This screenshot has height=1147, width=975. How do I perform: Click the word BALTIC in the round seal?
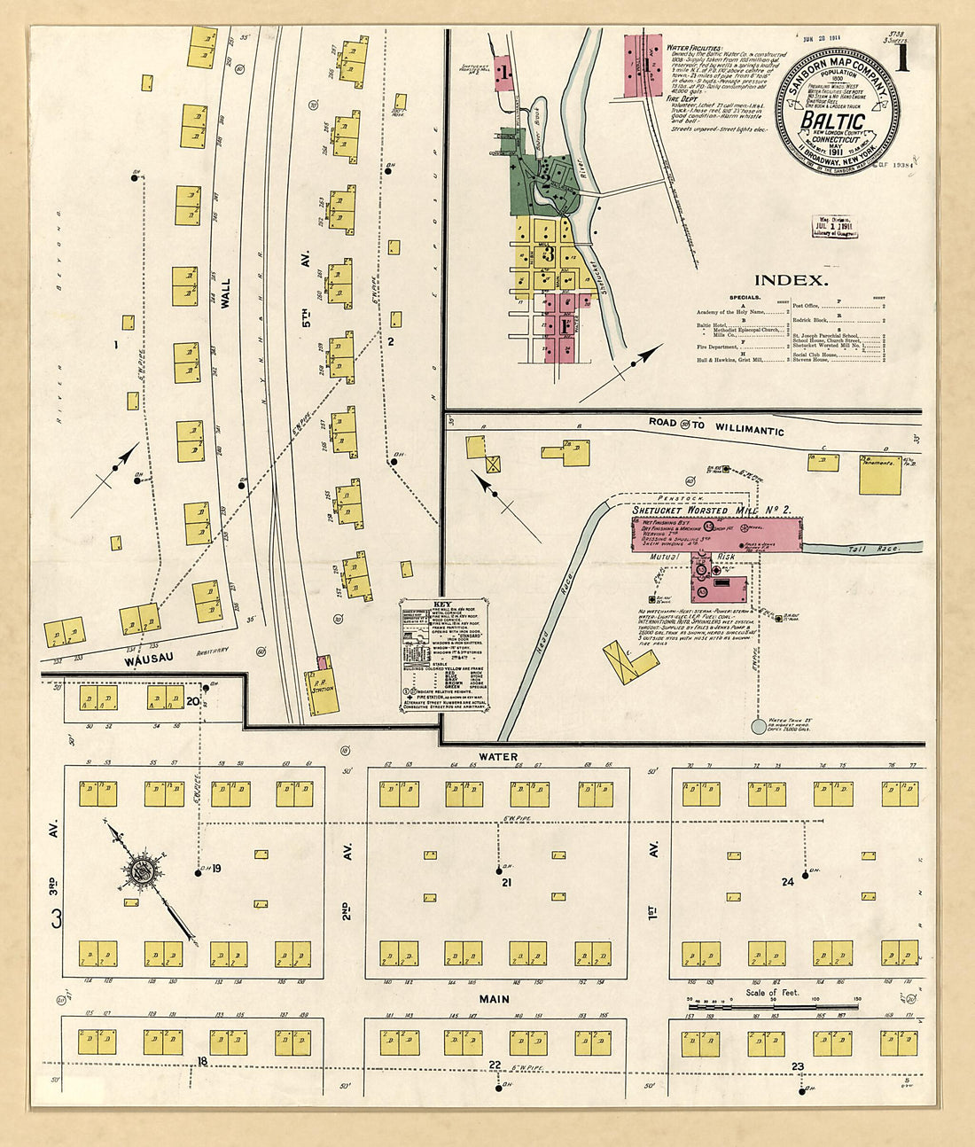(833, 120)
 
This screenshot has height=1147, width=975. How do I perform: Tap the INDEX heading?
(791, 280)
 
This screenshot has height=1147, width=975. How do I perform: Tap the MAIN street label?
(495, 999)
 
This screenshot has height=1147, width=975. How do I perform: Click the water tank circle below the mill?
(759, 727)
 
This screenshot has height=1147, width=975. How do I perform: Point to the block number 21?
(507, 883)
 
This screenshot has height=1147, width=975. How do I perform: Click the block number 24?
(787, 881)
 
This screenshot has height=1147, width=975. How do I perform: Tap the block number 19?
(215, 869)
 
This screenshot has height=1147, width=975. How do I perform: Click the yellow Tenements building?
(879, 475)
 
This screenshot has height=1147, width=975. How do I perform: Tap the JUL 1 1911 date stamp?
(835, 226)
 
